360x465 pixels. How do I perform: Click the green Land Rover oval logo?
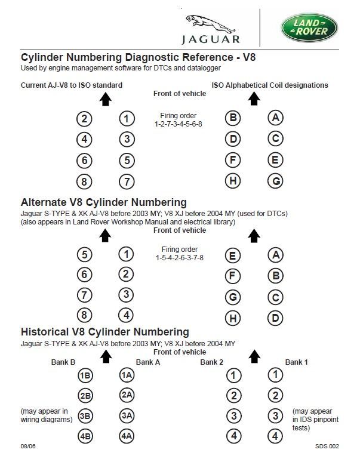click(x=309, y=27)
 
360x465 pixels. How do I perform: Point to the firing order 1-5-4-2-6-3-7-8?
click(x=179, y=257)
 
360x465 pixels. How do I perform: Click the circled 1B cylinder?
click(x=85, y=375)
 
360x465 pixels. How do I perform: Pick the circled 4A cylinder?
click(x=126, y=436)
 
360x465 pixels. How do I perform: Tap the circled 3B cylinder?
click(x=85, y=416)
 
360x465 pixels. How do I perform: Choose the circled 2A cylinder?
click(x=126, y=395)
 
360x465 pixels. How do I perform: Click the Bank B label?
click(x=63, y=362)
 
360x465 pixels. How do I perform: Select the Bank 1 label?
click(x=297, y=362)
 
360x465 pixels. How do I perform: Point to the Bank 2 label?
click(x=211, y=362)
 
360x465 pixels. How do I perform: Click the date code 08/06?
click(x=28, y=446)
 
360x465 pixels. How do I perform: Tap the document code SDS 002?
click(x=327, y=446)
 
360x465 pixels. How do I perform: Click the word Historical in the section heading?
click(x=47, y=332)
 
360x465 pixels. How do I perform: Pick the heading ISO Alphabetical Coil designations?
click(x=270, y=85)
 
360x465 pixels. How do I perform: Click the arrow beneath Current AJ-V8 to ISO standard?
click(x=106, y=100)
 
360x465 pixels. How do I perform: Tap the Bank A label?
click(x=148, y=362)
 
